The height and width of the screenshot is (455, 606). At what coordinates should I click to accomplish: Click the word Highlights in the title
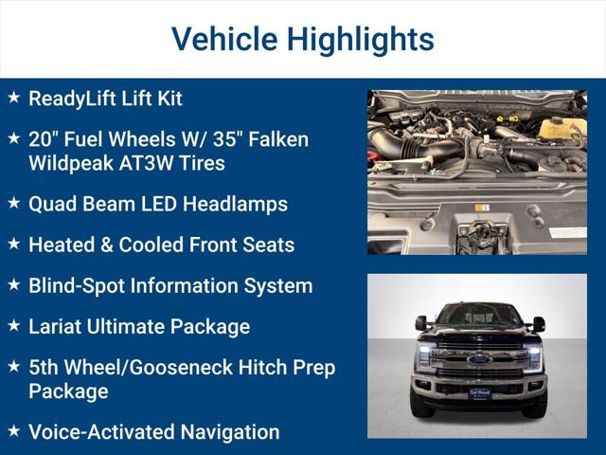[x=360, y=39]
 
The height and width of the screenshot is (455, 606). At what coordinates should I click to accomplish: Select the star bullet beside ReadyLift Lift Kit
[x=13, y=97]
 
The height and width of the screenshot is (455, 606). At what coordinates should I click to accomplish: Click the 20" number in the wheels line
[x=43, y=139]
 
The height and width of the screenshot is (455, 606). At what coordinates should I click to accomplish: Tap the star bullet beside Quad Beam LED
[x=13, y=202]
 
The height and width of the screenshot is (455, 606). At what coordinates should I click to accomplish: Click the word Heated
[x=62, y=245]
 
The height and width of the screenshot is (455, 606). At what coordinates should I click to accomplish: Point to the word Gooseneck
[x=175, y=368]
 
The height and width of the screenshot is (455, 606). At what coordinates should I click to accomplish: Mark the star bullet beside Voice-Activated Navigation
[x=13, y=430]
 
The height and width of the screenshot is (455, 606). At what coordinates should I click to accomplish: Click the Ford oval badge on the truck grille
[x=478, y=359]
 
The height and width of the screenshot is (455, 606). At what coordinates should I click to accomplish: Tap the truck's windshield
[x=478, y=315]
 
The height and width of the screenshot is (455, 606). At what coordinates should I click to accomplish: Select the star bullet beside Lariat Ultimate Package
[x=13, y=324]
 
